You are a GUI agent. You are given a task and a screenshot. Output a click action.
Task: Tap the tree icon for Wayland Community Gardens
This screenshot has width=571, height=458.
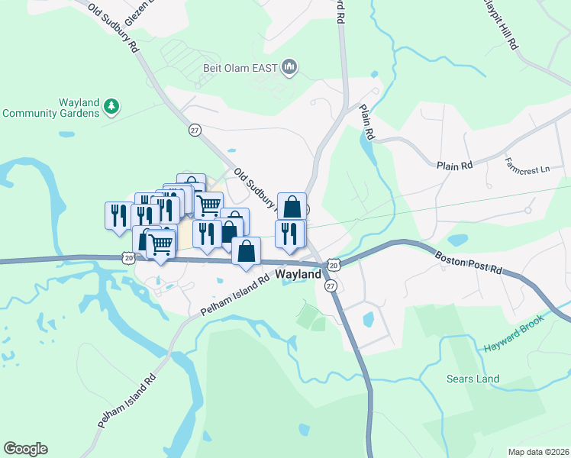111,105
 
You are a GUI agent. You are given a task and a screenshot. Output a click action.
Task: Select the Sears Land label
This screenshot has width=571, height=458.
473,379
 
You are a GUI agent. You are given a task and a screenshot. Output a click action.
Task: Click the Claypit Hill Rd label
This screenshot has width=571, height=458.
507,27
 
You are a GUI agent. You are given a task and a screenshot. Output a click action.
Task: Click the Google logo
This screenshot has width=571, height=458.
25,448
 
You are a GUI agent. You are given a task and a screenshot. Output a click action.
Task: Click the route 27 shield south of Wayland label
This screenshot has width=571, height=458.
331,285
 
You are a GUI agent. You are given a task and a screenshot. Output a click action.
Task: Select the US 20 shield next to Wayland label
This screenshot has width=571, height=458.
333,265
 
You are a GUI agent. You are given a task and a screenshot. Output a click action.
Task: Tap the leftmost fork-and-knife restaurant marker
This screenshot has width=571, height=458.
118,214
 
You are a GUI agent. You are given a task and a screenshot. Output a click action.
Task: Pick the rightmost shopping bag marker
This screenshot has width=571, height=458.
292,206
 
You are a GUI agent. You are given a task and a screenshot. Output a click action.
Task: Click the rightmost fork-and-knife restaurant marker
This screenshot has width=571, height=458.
289,233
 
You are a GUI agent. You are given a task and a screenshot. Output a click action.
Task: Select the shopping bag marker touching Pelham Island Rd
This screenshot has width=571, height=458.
246,251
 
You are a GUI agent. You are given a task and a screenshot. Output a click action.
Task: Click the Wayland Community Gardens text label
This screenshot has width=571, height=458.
51,108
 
